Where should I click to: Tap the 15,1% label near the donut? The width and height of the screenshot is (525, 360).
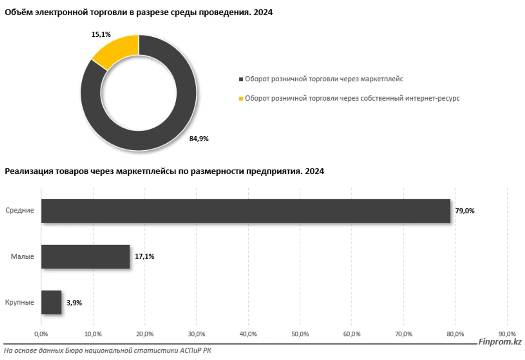point(101,35)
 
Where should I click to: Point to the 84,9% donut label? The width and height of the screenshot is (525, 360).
point(199,139)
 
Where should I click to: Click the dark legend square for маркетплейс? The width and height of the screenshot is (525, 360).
point(241,79)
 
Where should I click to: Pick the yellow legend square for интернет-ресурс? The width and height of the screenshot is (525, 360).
point(241,98)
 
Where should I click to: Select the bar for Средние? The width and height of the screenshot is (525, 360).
point(245,211)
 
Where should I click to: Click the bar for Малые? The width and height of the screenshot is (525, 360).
point(85,256)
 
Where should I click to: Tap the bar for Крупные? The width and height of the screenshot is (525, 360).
point(51,302)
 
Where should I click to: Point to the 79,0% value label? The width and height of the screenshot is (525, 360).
point(465,211)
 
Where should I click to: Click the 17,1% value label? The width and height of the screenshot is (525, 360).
point(145,256)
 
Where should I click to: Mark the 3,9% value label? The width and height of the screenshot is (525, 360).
point(74,303)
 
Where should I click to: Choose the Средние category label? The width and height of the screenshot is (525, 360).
point(20,211)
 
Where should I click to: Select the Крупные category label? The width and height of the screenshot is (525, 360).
point(19,302)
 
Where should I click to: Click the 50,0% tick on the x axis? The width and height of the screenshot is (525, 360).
point(300,334)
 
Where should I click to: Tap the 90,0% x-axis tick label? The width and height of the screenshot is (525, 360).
point(507,334)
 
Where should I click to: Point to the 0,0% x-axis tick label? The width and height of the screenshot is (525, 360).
point(41,334)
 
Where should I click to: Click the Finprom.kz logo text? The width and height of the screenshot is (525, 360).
point(500,342)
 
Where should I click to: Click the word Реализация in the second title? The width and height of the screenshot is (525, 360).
point(24,172)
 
